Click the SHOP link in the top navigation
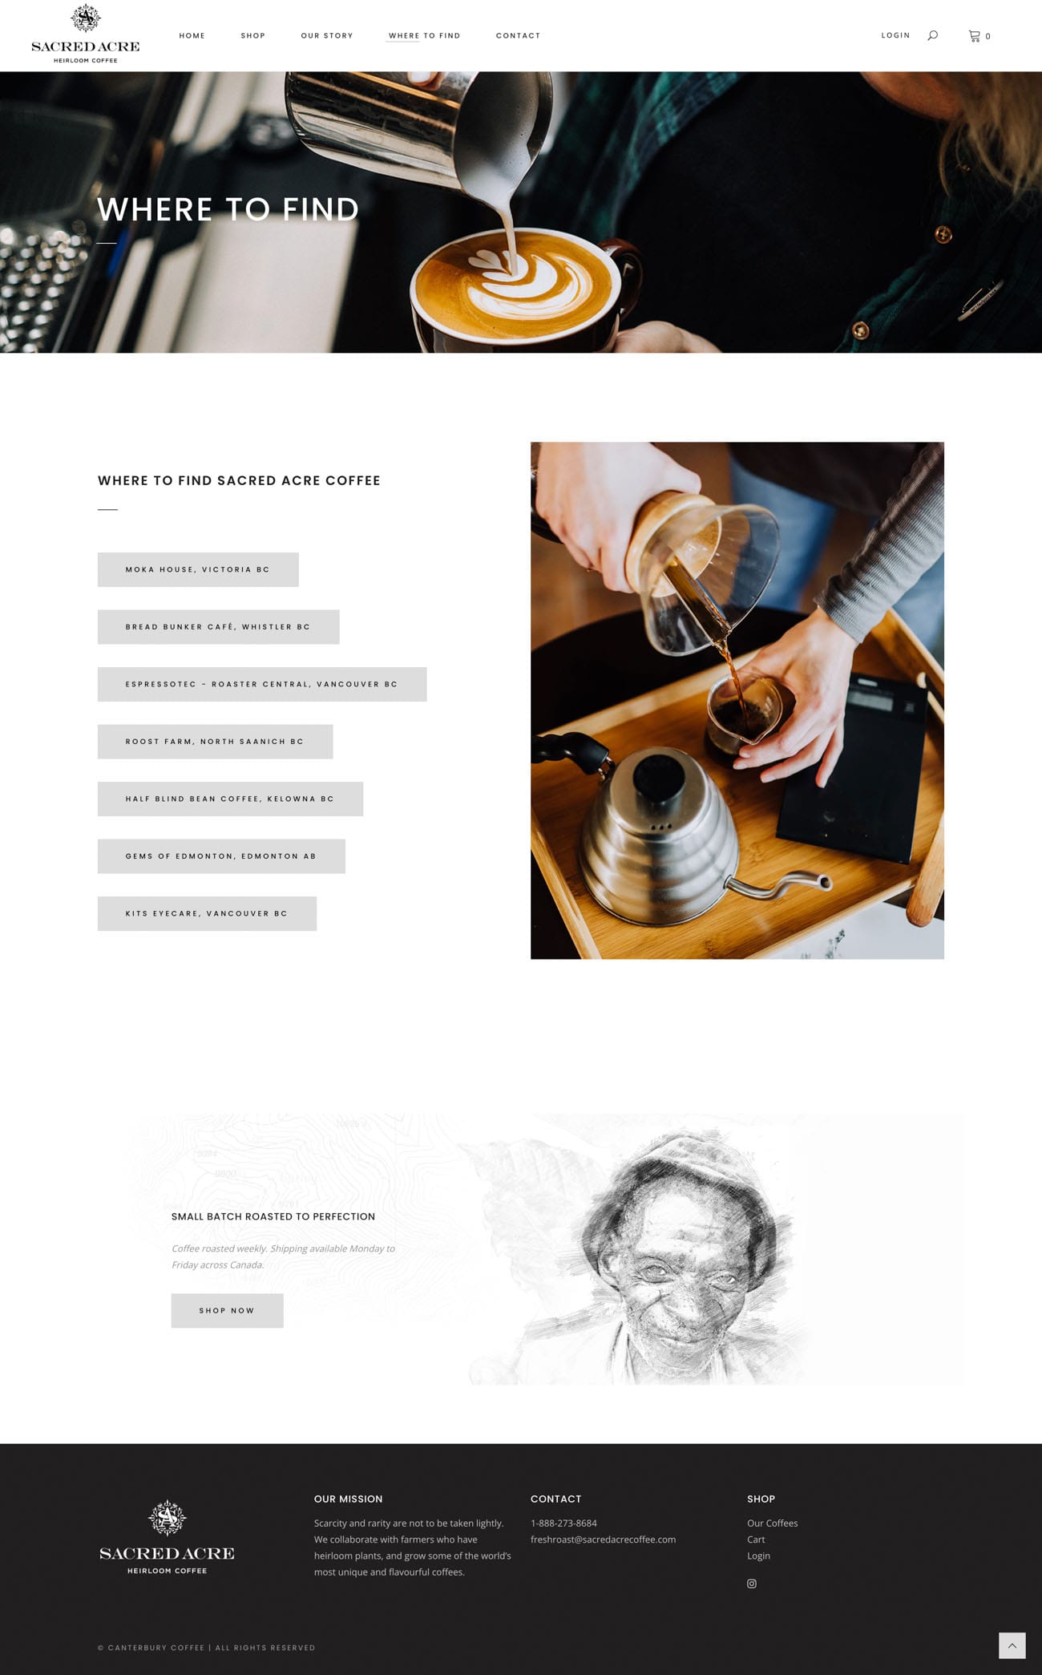[252, 36]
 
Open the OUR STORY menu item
[326, 36]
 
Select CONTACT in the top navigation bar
[518, 36]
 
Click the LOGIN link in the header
[895, 35]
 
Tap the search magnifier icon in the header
[932, 35]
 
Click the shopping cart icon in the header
[974, 35]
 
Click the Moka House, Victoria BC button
[198, 569]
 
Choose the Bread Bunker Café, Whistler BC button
[218, 627]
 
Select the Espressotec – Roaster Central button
[262, 684]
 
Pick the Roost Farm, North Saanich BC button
[215, 742]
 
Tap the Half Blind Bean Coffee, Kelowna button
[230, 799]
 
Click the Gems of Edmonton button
[221, 856]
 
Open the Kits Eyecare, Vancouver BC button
[207, 913]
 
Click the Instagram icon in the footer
[752, 1584]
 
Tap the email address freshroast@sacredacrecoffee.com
[603, 1539]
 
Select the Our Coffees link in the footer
[772, 1523]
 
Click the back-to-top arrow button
[1012, 1645]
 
